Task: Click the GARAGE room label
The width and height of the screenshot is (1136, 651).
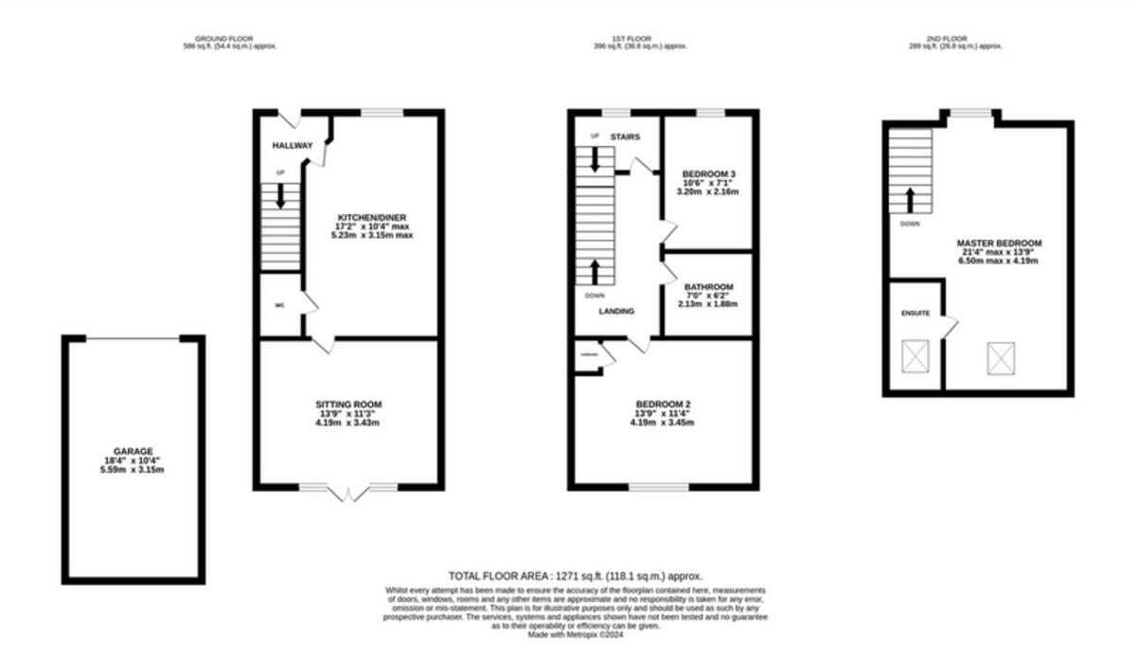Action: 133,451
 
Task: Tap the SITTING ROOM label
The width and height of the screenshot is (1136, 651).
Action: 348,405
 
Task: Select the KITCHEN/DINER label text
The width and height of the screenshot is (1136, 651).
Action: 372,217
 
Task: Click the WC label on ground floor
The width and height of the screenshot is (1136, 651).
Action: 279,305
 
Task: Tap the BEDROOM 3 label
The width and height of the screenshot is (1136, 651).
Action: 708,174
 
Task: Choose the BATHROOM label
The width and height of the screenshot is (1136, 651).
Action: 708,286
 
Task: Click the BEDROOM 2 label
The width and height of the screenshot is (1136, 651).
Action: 663,405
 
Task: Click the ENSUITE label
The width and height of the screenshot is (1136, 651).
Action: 914,312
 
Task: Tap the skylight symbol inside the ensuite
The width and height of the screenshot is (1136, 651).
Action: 915,357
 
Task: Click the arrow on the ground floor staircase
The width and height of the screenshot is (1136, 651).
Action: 281,196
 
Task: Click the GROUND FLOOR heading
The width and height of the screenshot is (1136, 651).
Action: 230,40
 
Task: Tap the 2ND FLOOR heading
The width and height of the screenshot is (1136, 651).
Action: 955,40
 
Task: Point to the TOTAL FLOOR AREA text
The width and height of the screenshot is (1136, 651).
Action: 575,576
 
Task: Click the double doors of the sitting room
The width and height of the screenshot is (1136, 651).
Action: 348,494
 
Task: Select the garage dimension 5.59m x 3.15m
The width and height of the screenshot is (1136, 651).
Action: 133,469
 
